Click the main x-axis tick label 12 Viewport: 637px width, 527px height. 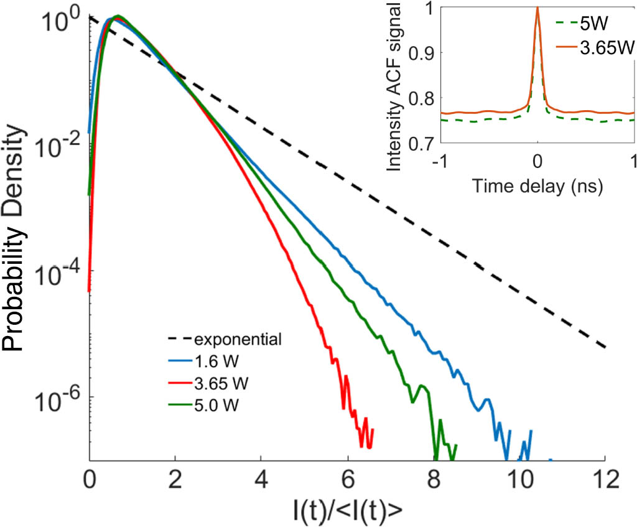pos(604,481)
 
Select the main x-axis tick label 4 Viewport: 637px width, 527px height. pos(261,481)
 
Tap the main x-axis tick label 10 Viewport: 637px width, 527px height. pos(518,481)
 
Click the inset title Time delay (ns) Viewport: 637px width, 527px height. pos(537,185)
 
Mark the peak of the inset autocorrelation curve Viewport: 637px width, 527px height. pos(537,7)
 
